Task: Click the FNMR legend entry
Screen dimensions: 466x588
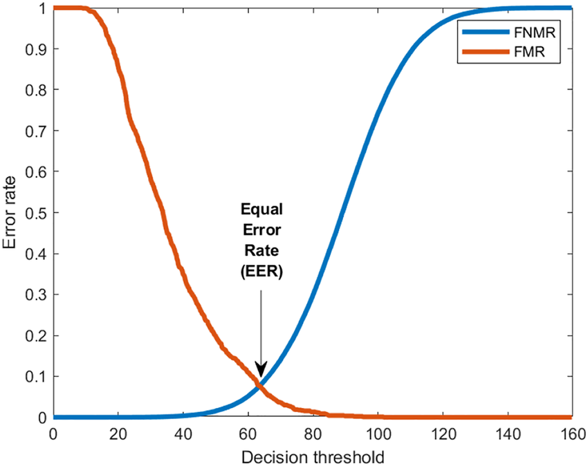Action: point(536,32)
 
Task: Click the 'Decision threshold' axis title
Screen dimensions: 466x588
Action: point(313,456)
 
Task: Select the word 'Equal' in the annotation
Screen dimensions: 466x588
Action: point(261,209)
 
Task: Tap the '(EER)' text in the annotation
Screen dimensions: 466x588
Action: point(261,273)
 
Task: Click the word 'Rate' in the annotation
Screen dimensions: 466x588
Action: point(261,252)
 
